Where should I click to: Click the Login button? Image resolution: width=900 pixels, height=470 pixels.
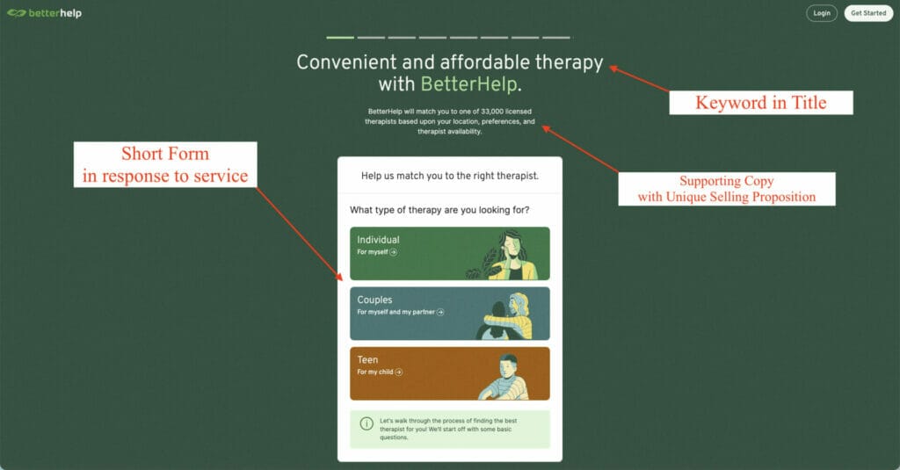tap(821, 13)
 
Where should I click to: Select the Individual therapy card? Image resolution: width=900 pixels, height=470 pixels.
tap(449, 253)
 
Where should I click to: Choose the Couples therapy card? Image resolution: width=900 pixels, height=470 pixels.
tap(449, 313)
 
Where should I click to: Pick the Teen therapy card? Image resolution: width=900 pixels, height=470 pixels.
tap(449, 373)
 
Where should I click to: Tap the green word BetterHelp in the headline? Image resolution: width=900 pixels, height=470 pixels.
tap(469, 85)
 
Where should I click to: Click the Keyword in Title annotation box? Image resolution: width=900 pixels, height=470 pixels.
tap(760, 103)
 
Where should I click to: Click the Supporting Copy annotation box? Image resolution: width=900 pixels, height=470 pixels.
tap(726, 189)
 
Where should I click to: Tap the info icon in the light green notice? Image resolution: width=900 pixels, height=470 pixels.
tap(367, 423)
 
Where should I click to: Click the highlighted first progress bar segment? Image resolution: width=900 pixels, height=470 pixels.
tap(340, 38)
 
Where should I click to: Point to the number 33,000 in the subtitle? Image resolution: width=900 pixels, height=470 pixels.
tap(493, 112)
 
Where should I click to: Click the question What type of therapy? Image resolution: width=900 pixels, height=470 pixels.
tap(439, 210)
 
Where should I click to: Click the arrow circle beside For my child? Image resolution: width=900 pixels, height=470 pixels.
tap(399, 372)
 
